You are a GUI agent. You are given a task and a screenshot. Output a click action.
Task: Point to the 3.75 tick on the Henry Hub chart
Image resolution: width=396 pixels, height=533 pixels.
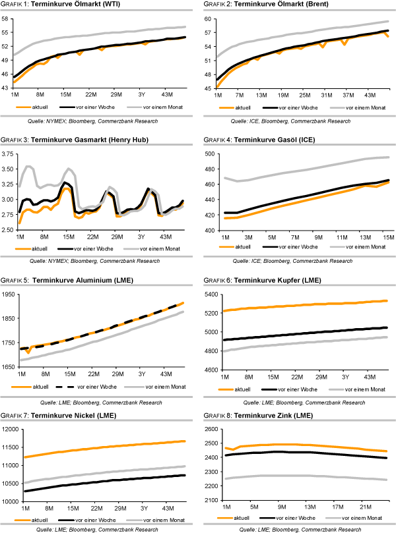[9, 153]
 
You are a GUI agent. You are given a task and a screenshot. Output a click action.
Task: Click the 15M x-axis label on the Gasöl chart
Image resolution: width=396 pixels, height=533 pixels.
[386, 237]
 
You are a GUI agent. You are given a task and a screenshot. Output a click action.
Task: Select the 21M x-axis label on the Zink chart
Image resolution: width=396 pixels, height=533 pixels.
[362, 507]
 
